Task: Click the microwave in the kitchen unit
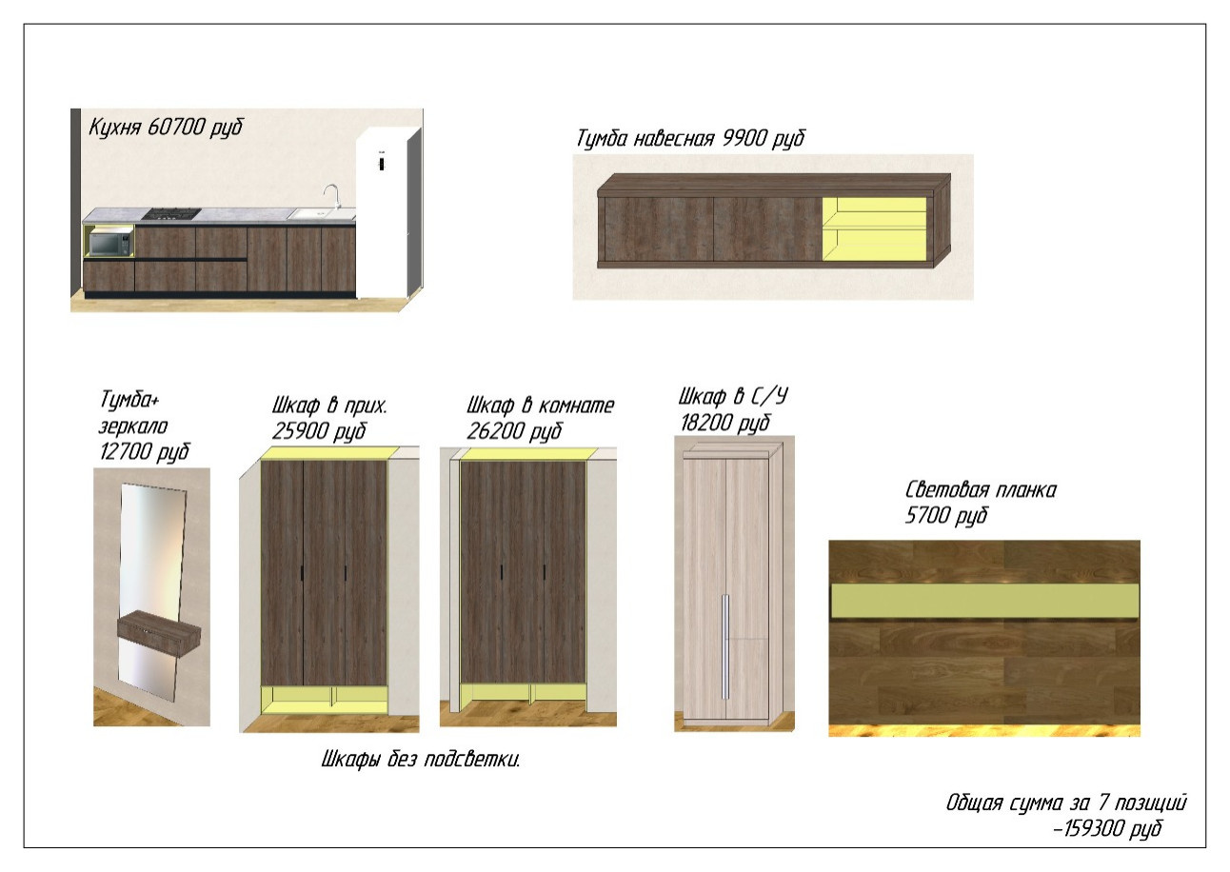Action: point(110,244)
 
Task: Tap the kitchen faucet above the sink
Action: point(331,197)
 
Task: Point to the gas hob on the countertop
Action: point(170,213)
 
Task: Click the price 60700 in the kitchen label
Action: point(176,128)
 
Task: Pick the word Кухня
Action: point(115,128)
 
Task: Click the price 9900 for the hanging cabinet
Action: point(744,138)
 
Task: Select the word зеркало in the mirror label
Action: point(133,426)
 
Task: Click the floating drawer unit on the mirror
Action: point(159,627)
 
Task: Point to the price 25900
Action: point(298,431)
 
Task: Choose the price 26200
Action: point(494,431)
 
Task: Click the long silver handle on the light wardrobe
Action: point(725,646)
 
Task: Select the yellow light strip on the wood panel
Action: point(984,600)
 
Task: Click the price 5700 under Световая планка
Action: point(926,516)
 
